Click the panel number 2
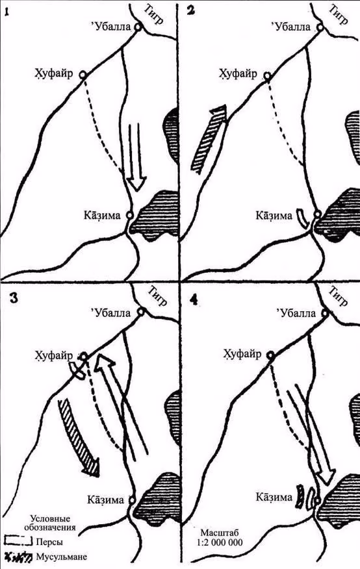click(190, 10)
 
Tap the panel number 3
click(14, 299)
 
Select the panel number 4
click(194, 301)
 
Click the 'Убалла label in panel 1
click(110, 27)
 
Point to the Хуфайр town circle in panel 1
click(83, 75)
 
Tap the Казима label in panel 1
click(102, 216)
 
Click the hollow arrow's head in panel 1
click(138, 184)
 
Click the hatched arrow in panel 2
click(209, 138)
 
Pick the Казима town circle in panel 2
click(318, 214)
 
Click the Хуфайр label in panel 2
click(238, 74)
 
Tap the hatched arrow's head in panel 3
click(91, 466)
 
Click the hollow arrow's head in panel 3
click(104, 363)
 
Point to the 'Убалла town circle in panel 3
click(141, 311)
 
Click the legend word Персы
click(49, 542)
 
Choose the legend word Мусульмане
click(62, 556)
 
